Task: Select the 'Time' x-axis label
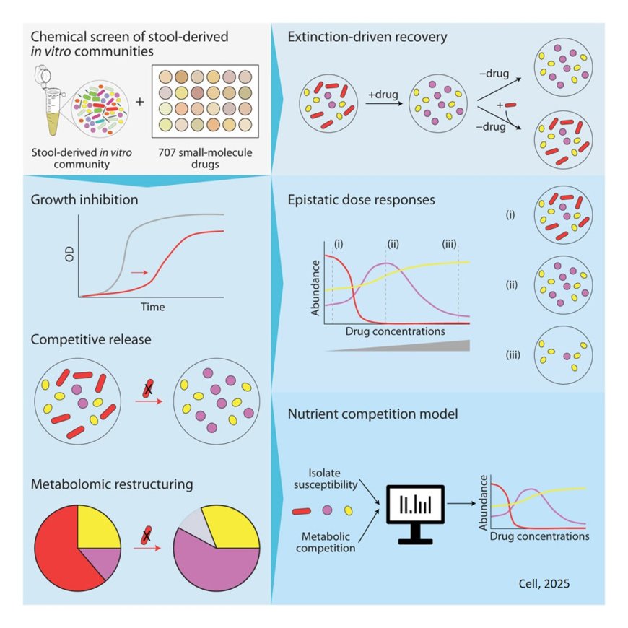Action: click(x=152, y=307)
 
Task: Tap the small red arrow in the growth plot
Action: click(x=140, y=273)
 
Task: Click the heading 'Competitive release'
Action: click(x=92, y=339)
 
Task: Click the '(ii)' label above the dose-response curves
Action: click(x=393, y=243)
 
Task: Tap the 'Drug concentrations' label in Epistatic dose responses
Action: click(x=395, y=331)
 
